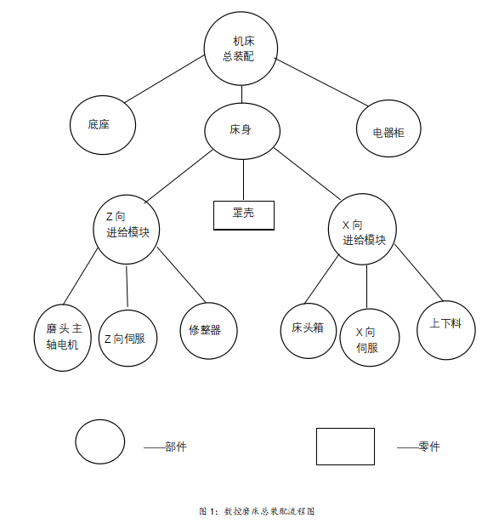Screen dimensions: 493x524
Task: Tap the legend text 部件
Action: [176, 447]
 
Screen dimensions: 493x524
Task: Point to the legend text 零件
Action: [429, 447]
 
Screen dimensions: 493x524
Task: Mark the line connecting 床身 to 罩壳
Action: [243, 179]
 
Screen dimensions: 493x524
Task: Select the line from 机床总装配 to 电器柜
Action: [321, 83]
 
